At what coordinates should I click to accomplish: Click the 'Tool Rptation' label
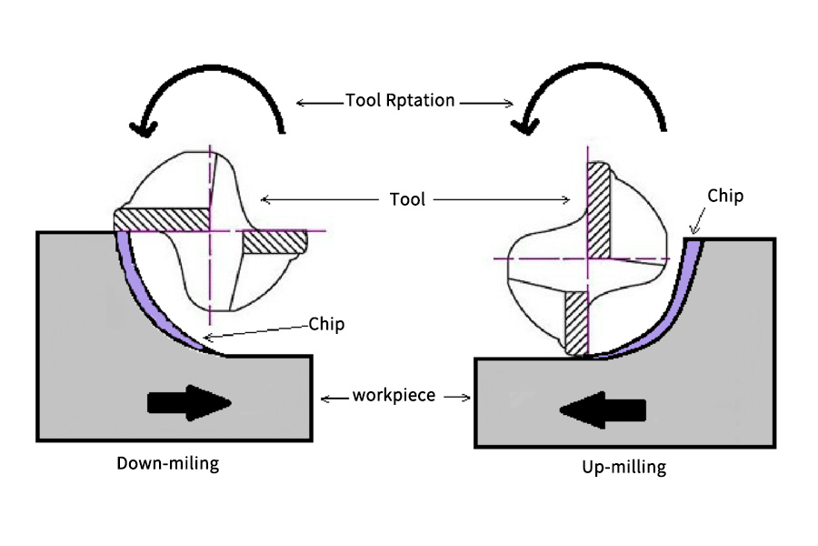click(400, 100)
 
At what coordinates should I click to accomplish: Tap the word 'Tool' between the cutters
click(406, 198)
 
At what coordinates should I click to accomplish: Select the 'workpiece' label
click(395, 396)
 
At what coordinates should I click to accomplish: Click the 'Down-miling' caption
click(168, 463)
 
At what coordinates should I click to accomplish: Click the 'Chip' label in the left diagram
click(327, 323)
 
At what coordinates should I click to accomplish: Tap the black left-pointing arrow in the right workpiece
click(603, 410)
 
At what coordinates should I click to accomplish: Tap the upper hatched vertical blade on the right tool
click(599, 209)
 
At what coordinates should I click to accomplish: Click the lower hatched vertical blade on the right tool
click(578, 323)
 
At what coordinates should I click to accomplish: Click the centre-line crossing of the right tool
click(589, 258)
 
